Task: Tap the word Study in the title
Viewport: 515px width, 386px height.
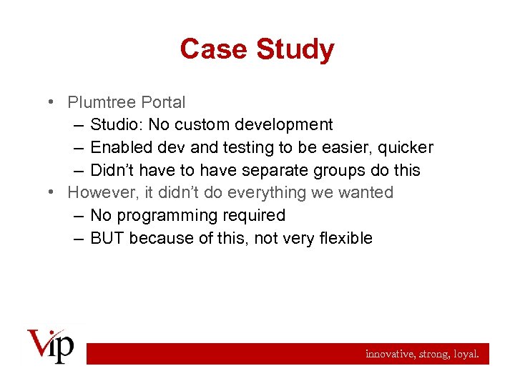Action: point(295,50)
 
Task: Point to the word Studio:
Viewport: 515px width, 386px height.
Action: point(117,125)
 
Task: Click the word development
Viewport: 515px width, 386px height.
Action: point(282,125)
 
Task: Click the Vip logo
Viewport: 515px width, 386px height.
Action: point(50,346)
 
